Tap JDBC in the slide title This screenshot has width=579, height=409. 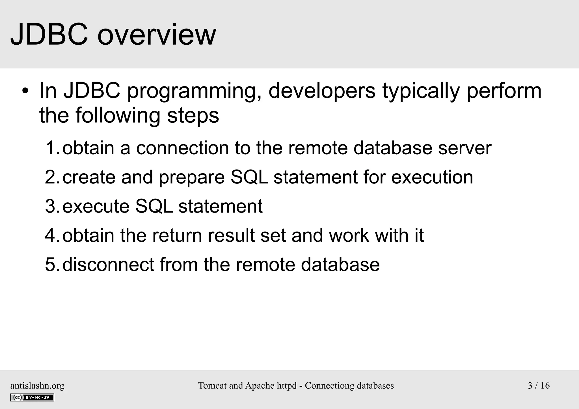click(x=49, y=35)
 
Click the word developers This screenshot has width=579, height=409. click(x=322, y=91)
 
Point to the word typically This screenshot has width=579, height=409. click(x=421, y=92)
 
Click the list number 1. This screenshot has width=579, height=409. click(x=51, y=148)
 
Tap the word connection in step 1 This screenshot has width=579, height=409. click(x=182, y=148)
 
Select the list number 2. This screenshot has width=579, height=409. click(x=51, y=177)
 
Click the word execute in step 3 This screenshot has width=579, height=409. click(x=95, y=206)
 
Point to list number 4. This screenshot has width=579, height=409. click(x=51, y=235)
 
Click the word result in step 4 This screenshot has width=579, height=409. click(x=231, y=235)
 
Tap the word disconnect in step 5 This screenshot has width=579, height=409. click(x=108, y=265)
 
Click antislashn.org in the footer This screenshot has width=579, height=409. click(x=37, y=386)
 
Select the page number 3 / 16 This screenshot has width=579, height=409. click(x=539, y=386)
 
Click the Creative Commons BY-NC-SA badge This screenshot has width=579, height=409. click(x=32, y=397)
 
